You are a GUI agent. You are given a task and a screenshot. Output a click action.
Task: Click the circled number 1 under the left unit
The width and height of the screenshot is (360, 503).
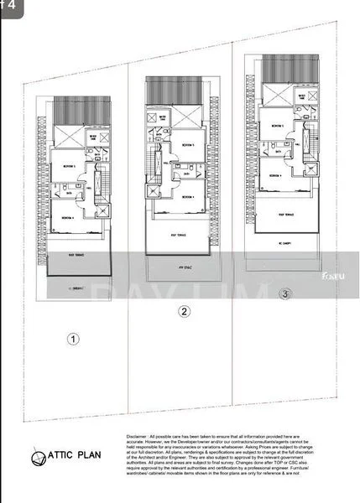pyautogui.click(x=74, y=340)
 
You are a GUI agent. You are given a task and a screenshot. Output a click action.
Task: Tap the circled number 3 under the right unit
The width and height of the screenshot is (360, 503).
pyautogui.click(x=287, y=294)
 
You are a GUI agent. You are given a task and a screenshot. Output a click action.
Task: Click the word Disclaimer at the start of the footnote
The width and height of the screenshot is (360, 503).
pyautogui.click(x=138, y=438)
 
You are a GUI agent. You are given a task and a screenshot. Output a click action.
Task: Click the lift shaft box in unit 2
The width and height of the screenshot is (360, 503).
pyautogui.click(x=152, y=190)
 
